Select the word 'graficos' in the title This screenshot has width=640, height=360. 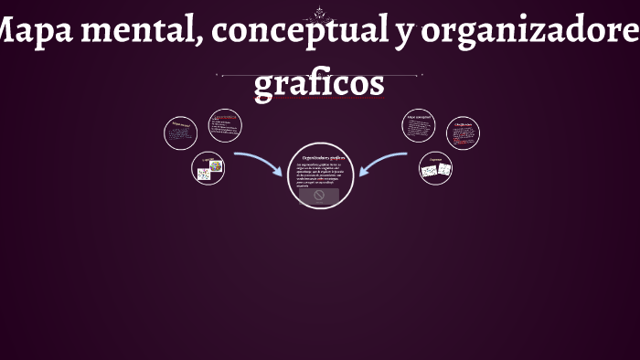point(319,83)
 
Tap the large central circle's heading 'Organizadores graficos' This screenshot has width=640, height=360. point(321,157)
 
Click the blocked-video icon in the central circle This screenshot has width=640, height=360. point(319,195)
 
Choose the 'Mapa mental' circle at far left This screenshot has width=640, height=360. point(180,133)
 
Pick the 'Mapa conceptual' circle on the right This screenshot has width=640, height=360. point(419,126)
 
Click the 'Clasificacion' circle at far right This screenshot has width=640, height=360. point(463,133)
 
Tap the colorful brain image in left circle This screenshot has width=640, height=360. point(217,166)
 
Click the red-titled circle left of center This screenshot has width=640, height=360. point(225,126)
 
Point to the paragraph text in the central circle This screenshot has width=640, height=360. point(319,175)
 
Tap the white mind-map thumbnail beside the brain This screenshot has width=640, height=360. point(204,174)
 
